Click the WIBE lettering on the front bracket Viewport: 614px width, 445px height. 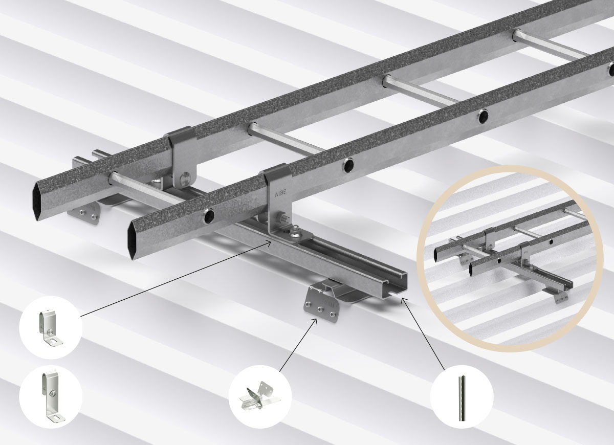click(x=280, y=192)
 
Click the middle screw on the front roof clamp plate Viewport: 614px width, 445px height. click(x=319, y=309)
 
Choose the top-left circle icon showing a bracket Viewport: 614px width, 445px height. click(x=51, y=327)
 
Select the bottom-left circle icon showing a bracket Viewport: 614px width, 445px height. click(x=51, y=397)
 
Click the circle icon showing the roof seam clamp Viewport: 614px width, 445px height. click(x=260, y=397)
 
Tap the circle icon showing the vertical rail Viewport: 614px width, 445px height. click(x=462, y=396)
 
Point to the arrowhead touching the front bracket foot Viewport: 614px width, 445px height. click(x=269, y=243)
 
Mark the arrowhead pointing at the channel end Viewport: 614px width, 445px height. click(x=404, y=301)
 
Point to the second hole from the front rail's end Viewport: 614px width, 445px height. click(x=348, y=165)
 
